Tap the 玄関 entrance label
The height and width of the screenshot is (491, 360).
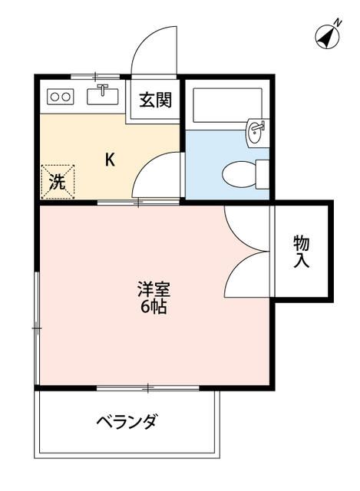point(154,100)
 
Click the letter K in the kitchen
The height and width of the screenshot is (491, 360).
point(111,160)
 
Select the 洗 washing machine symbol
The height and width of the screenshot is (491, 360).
point(58,182)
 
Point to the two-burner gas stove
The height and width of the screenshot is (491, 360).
point(59,97)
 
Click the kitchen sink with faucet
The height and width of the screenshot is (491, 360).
point(103,95)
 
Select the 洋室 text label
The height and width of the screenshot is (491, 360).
point(154,290)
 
